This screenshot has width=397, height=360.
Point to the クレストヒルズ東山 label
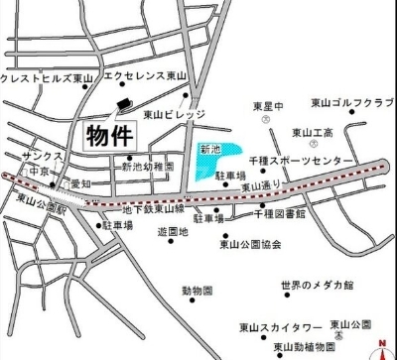47,77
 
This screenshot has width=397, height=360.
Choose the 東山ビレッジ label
173,115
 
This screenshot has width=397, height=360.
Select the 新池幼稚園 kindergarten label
147,168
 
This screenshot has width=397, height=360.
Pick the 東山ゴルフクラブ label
352,103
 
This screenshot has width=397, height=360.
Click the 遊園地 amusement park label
173,232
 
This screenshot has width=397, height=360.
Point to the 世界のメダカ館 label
317,286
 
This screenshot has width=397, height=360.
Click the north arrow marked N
380,347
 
